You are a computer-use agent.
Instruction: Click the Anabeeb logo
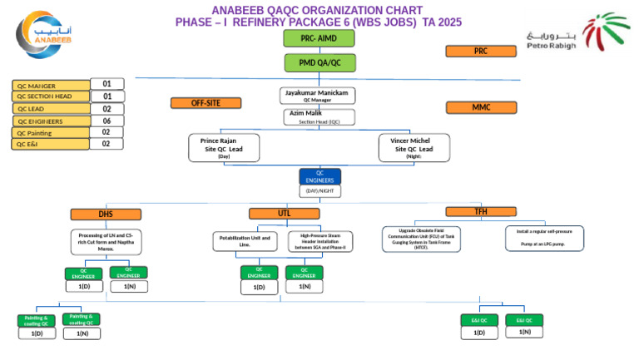click(44, 35)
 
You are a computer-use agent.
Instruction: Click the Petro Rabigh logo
click(578, 34)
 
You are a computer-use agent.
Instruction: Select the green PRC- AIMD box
click(319, 38)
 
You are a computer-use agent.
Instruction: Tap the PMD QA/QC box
click(319, 63)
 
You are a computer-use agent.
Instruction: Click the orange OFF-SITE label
click(206, 103)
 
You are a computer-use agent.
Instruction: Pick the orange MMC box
click(481, 107)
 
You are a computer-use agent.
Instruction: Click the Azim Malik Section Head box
click(320, 117)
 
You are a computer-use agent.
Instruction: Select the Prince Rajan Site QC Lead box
click(224, 148)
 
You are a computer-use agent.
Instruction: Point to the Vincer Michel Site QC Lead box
click(414, 148)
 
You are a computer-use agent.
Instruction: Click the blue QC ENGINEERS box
click(319, 176)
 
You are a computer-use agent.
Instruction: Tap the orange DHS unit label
click(106, 215)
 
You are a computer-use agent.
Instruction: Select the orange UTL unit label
click(285, 214)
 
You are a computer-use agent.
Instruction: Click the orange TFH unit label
click(481, 212)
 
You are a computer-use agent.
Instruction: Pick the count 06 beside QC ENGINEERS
click(106, 121)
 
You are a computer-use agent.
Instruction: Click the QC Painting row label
click(51, 133)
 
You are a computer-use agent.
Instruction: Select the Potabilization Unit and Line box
click(245, 242)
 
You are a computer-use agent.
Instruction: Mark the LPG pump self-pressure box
click(544, 238)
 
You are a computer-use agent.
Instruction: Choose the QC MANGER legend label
click(51, 86)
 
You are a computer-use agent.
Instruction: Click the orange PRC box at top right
click(481, 52)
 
